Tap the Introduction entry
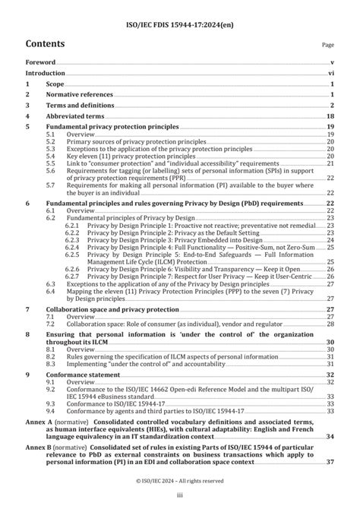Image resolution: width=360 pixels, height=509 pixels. [x=46, y=74]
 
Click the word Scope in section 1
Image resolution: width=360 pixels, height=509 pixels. [x=56, y=85]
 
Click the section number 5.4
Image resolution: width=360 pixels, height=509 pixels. [x=50, y=156]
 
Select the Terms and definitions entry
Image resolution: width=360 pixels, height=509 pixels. [x=84, y=106]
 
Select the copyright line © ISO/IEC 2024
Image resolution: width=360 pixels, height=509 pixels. [x=179, y=481]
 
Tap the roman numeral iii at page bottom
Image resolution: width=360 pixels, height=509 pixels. [x=179, y=497]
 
